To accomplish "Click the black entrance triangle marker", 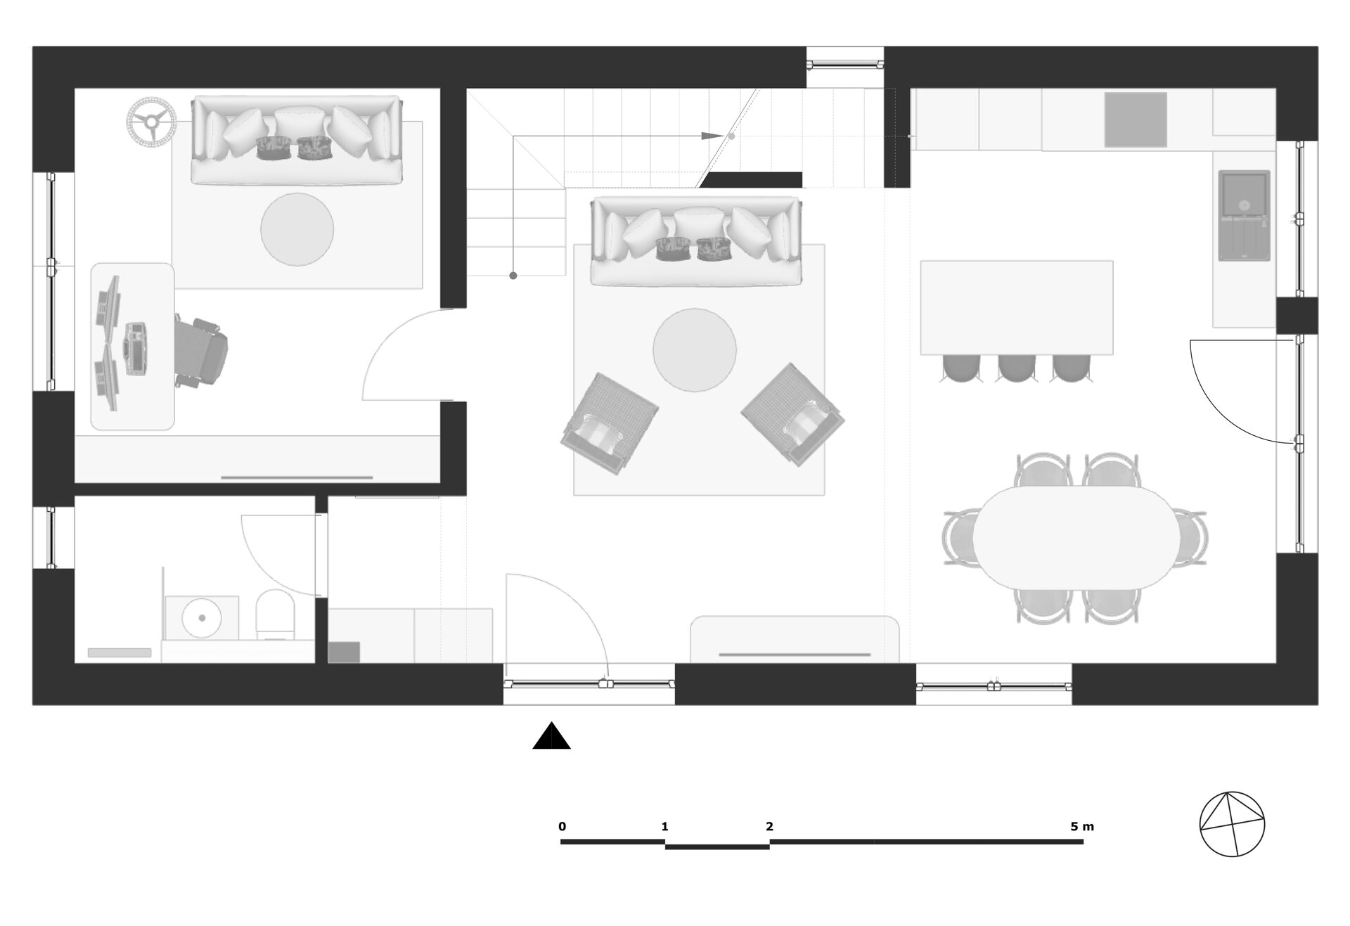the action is click(x=552, y=736).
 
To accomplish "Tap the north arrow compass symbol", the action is click(x=1232, y=824).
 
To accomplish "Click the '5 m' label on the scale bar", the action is click(x=1082, y=826).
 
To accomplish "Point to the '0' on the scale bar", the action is click(x=562, y=826).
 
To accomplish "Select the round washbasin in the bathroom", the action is click(x=202, y=618).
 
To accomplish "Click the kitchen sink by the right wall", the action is click(x=1244, y=215).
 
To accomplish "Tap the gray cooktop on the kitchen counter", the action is click(x=1136, y=120).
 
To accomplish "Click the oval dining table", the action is click(x=1076, y=537).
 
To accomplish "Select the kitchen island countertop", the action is click(x=1017, y=307).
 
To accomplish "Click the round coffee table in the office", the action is click(x=297, y=229).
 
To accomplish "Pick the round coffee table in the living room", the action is click(x=695, y=350).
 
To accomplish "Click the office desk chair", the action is click(x=202, y=351).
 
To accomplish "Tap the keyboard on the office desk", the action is click(x=135, y=347).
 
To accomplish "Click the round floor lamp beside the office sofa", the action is click(x=151, y=121).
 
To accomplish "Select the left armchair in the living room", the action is click(x=609, y=423).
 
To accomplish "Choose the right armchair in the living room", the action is click(x=792, y=414).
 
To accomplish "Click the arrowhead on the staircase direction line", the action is click(x=712, y=135).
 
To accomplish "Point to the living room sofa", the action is click(x=696, y=240).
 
